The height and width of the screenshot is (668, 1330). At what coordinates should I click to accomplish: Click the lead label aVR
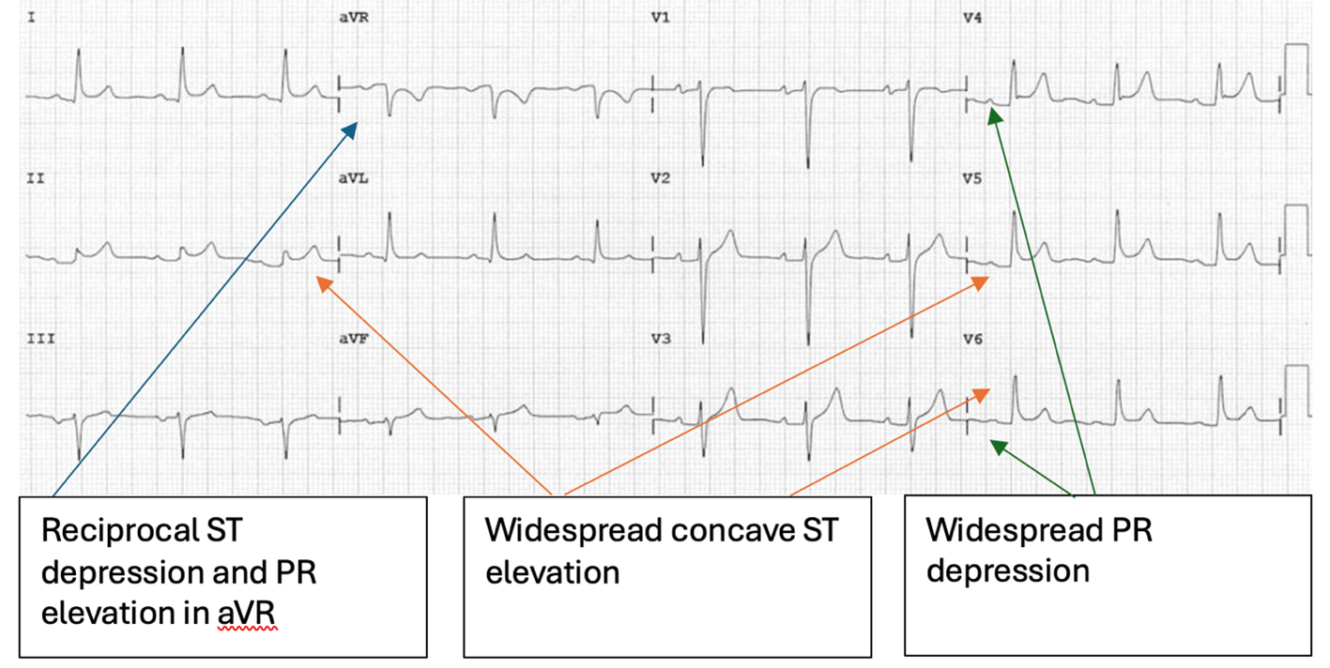352,18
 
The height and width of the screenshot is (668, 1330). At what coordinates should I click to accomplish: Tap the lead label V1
661,18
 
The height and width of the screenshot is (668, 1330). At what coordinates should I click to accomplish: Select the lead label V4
972,18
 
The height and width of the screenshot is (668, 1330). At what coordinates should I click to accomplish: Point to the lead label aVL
352,178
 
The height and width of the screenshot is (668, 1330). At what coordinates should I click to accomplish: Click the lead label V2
661,178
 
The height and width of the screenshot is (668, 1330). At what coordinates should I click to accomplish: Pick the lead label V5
972,178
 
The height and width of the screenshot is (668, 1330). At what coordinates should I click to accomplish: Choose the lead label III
39,340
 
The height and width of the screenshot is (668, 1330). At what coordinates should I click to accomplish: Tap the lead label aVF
352,340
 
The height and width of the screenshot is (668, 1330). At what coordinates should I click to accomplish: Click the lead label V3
661,340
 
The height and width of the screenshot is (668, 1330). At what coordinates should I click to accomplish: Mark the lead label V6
972,340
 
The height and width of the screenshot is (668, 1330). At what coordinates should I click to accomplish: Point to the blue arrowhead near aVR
351,128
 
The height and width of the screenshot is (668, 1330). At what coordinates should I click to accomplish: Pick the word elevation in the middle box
552,571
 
